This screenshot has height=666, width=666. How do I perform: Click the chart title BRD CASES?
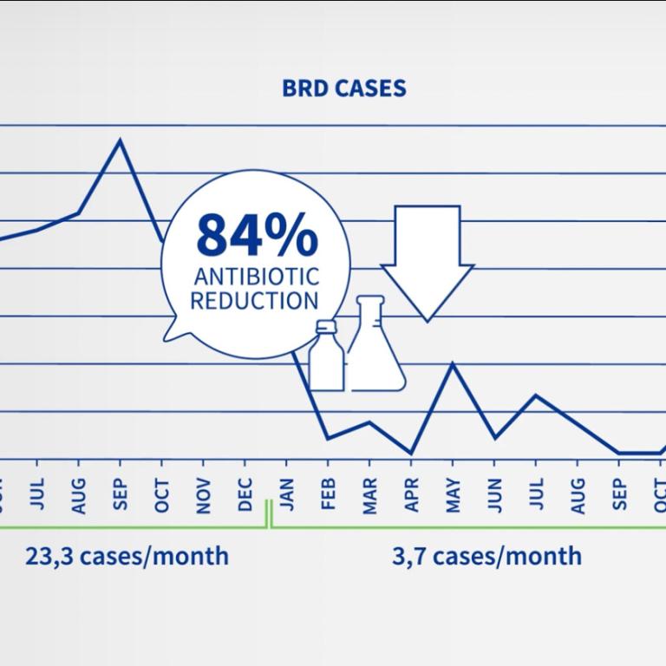pos(344,88)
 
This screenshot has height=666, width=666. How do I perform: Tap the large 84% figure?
pos(256,234)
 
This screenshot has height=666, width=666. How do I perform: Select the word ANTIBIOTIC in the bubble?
pos(256,278)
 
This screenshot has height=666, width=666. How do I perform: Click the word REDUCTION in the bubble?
pos(254,301)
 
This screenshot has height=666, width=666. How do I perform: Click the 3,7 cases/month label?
pos(486,555)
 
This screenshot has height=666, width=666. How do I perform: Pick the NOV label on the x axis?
pos(204,495)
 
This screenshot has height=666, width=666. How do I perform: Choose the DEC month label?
pos(245,495)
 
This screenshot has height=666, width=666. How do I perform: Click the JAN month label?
pos(287,495)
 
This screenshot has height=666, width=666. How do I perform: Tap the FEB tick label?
pos(329,495)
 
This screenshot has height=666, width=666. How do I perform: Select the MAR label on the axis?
pos(370,495)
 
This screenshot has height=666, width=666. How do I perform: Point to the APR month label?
pos(412,495)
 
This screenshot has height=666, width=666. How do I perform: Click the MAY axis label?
pos(453,495)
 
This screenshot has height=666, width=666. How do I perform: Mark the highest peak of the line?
pos(120,140)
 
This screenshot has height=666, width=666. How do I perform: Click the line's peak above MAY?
pos(453,364)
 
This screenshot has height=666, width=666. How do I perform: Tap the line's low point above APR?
pos(411,453)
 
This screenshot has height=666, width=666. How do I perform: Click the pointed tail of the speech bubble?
pos(170,336)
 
